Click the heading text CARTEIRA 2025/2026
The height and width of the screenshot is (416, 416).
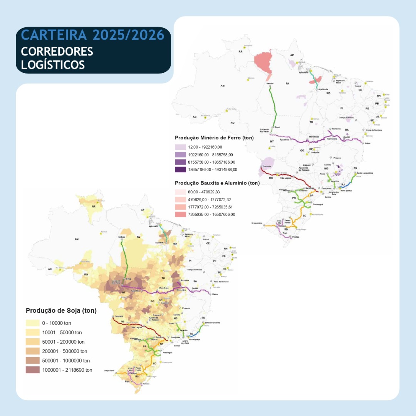[x=92, y=35]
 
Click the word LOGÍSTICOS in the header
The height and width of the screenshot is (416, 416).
[x=53, y=64]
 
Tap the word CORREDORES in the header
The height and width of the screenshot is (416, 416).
[x=57, y=51]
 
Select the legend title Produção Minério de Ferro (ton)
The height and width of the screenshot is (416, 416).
[x=214, y=138]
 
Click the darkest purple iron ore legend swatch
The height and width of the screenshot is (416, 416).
[x=180, y=169]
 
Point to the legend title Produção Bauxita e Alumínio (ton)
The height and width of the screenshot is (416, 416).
[x=217, y=183]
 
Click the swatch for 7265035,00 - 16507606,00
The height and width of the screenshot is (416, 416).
[x=180, y=215]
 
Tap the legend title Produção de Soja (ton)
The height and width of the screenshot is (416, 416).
[x=61, y=310]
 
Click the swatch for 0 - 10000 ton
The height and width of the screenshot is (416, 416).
[x=33, y=323]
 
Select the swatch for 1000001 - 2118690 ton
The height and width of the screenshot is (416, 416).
[x=33, y=370]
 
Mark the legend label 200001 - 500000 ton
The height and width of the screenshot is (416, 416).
[x=65, y=351]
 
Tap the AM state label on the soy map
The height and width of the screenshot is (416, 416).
[x=77, y=239]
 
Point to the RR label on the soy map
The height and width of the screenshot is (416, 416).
[x=94, y=206]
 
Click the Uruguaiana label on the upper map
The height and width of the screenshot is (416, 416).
[x=257, y=223]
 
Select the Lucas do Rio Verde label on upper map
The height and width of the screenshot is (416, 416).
[x=264, y=131]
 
